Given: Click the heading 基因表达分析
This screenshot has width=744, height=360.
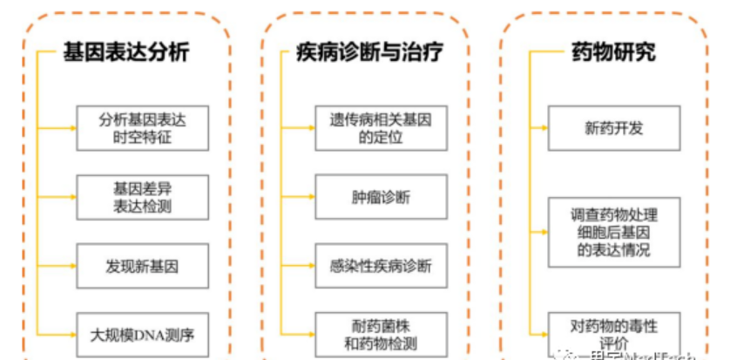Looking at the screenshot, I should [x=125, y=52].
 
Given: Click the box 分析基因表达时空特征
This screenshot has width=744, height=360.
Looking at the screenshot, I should [x=142, y=127].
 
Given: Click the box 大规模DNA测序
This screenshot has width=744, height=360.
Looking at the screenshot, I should [x=142, y=333].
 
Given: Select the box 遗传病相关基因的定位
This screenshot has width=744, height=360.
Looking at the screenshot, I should [x=381, y=127].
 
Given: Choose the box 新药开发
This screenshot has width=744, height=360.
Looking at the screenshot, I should [x=613, y=127].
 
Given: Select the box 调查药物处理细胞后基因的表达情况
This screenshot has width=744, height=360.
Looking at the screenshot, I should [x=613, y=232].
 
